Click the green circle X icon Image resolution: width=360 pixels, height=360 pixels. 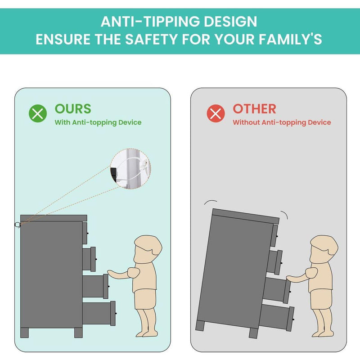(38, 113)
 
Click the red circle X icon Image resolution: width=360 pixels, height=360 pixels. (216, 113)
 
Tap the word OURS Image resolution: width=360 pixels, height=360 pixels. (73, 109)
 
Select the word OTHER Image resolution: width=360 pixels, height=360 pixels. (254, 109)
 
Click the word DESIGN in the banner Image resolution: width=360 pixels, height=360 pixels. (230, 22)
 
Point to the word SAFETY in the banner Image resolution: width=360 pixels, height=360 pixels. (152, 39)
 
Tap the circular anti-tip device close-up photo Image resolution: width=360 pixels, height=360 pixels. (130, 169)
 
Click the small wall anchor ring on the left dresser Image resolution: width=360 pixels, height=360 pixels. (18, 225)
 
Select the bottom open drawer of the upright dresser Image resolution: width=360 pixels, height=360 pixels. (99, 313)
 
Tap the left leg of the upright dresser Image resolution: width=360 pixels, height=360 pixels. (25, 333)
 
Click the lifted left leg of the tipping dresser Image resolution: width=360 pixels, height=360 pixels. (200, 325)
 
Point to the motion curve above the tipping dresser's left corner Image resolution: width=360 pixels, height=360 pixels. (211, 201)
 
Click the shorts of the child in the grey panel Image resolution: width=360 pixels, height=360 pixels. (321, 299)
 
